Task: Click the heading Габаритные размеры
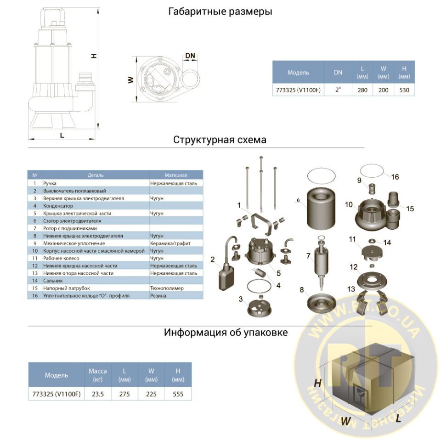[220, 11]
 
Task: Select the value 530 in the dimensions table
[404, 90]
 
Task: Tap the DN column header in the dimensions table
[338, 72]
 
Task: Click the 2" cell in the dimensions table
[338, 90]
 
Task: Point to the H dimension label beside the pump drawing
[94, 56]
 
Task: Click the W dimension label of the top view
[130, 79]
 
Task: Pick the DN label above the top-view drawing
[190, 56]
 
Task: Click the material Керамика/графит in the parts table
[170, 243]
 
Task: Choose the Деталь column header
[96, 175]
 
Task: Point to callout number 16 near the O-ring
[395, 177]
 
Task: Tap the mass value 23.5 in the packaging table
[97, 393]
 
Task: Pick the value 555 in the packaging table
[177, 393]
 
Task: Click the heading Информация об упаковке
[226, 333]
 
